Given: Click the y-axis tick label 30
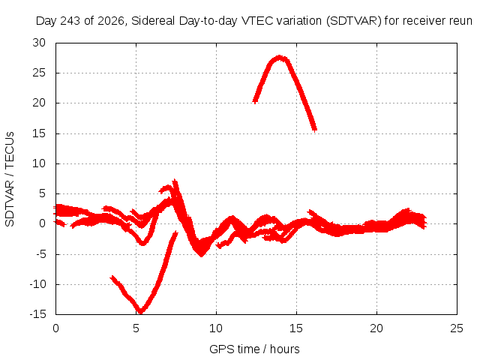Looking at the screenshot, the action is coord(39,43).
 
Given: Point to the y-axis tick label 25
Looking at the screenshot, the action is coord(39,73).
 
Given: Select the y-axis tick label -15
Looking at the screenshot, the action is coord(37,314).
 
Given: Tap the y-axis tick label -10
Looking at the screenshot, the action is coord(37,284).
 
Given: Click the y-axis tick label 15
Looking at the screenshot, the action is coord(39,133).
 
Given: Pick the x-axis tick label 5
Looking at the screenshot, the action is coord(136,328).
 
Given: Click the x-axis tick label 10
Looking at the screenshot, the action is coord(216,328).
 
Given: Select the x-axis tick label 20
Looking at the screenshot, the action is coord(376,328).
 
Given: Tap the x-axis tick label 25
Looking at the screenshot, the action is coord(457,328).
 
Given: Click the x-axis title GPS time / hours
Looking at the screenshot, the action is coord(254,349).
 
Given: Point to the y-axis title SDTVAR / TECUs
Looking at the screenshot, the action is coord(10,179).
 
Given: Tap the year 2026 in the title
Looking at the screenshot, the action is coord(110,21).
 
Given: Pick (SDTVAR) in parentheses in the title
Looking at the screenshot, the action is coord(354,21).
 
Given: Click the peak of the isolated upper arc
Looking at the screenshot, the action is coord(280,58).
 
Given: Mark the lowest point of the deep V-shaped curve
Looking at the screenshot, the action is coord(140,312).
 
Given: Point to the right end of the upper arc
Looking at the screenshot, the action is coord(315,130).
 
